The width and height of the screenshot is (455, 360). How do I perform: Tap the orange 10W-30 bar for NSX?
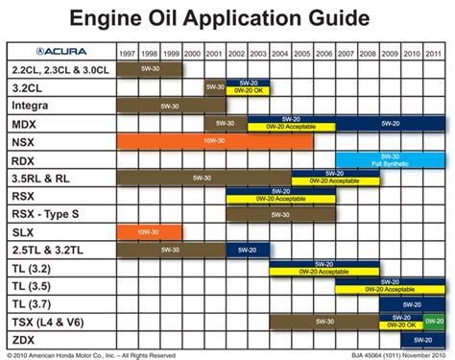click(214, 141)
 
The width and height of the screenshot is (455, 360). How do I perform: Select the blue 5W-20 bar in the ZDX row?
click(422, 339)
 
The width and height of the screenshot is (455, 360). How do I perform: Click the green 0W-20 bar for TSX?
click(434, 322)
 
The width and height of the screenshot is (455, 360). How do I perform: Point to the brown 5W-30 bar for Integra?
click(171, 105)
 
